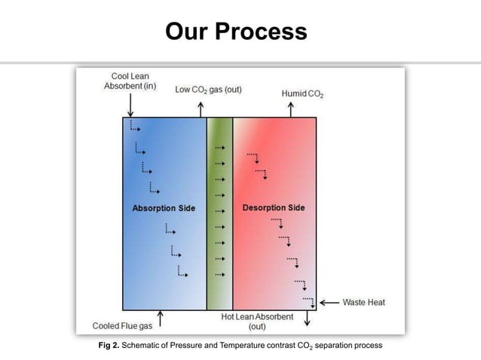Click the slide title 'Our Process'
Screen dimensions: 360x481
(x=236, y=32)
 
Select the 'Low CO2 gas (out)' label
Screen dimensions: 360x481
(x=208, y=90)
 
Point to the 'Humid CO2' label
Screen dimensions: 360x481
(x=302, y=94)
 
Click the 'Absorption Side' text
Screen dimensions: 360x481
(x=164, y=208)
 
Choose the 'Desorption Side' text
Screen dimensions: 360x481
(x=274, y=208)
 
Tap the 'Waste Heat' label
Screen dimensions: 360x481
(x=363, y=303)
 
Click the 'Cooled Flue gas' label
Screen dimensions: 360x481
(x=121, y=327)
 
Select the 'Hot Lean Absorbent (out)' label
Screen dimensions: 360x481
(x=257, y=322)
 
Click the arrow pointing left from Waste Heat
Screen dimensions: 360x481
(x=329, y=303)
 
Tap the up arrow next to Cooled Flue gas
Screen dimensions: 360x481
(x=160, y=319)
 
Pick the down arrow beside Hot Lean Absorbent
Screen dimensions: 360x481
(x=308, y=319)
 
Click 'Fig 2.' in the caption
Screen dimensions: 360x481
(x=110, y=345)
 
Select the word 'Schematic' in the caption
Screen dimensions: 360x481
(x=146, y=345)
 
